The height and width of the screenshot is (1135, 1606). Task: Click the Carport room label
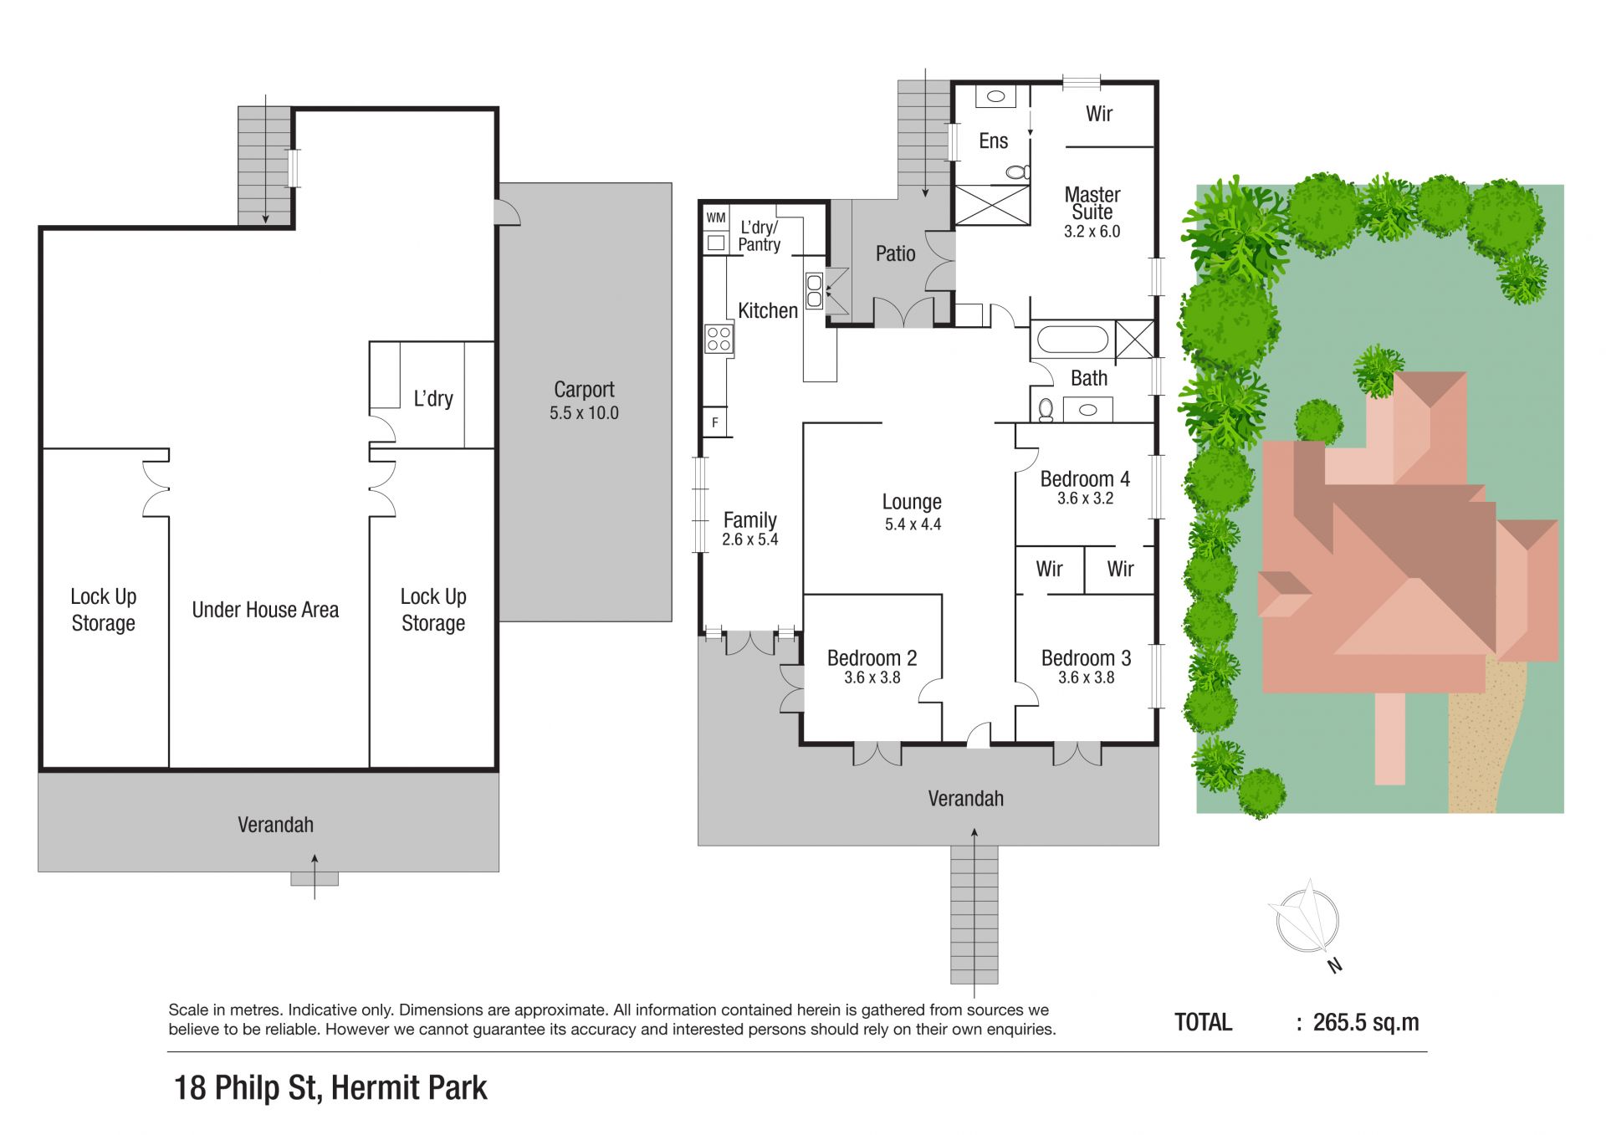coord(584,390)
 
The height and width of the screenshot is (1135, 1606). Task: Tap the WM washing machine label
coord(716,217)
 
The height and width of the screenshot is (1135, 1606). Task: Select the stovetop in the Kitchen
coord(719,339)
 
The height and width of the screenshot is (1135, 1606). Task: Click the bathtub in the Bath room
coord(1072,340)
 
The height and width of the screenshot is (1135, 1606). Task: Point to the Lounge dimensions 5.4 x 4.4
coord(913,524)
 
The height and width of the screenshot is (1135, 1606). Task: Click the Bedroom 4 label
coord(1085,479)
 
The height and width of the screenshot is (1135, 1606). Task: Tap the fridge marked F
coord(715,422)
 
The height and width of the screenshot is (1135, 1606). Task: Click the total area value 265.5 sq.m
coord(1366,1022)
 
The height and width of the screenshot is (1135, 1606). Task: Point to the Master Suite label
coord(1092,203)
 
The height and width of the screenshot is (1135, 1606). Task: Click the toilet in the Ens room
coord(1017,172)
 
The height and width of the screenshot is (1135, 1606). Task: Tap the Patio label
coord(895,253)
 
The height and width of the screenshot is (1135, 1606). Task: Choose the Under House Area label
coord(265,610)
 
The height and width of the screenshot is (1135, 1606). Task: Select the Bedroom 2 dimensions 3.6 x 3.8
coord(872,677)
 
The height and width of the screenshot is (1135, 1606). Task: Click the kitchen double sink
coord(814,290)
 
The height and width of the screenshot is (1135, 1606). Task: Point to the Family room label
coord(750,520)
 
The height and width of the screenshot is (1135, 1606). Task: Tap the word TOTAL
coord(1204,1022)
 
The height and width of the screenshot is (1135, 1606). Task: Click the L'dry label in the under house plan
coord(433,398)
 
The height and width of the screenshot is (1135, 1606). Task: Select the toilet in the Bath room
coord(1045,409)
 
